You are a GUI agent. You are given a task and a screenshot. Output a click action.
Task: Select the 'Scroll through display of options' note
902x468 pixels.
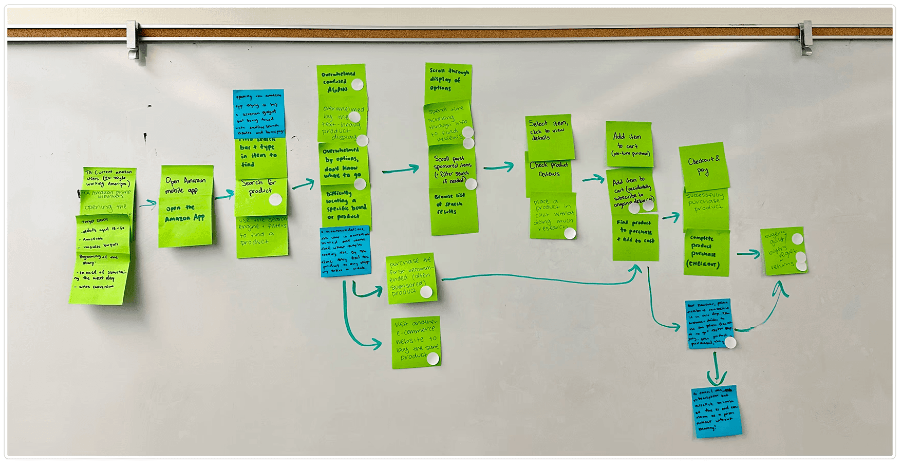(447, 81)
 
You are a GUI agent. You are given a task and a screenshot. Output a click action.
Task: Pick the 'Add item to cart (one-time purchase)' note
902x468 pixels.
(629, 143)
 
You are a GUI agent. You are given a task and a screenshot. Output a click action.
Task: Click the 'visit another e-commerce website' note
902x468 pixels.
(416, 342)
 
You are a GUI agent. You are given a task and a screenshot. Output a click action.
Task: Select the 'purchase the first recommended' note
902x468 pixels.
(410, 278)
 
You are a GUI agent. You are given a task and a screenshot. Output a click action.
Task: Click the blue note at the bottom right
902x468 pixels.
(716, 411)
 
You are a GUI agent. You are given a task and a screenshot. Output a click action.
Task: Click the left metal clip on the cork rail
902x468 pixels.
(133, 39)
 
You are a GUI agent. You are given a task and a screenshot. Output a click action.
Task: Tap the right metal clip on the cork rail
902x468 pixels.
(804, 38)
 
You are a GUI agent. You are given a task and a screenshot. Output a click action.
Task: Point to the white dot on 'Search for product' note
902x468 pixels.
(275, 199)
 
